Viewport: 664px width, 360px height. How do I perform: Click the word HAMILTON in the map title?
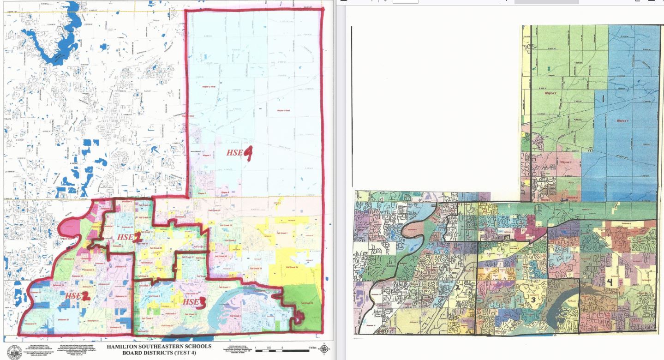[x=124, y=346]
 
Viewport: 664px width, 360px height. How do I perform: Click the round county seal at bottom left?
[x=15, y=351]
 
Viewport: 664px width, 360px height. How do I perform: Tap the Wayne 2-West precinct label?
[x=209, y=86]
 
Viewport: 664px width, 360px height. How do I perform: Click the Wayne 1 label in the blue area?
[x=622, y=121]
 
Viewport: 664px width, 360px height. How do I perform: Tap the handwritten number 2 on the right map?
[x=458, y=288]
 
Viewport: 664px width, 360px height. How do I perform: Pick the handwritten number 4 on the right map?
[x=610, y=282]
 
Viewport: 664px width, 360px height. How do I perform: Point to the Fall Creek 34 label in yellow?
[x=293, y=267]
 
